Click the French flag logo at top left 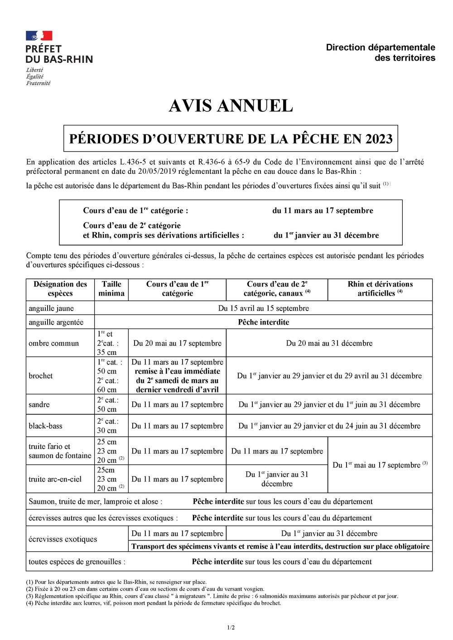tap(39, 36)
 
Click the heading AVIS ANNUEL tap(231, 106)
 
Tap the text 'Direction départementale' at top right tap(380, 47)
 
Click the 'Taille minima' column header tap(111, 289)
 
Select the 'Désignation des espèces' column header tap(60, 289)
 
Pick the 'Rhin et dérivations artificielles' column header tap(380, 289)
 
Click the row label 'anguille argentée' tap(56, 322)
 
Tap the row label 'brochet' tap(41, 376)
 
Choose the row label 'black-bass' tap(45, 426)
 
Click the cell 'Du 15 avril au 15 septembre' tap(263, 308)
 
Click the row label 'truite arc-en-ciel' tap(55, 479)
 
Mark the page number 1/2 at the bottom tap(231, 627)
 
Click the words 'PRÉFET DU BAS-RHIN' tap(59, 54)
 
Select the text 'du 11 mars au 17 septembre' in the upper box tap(323, 210)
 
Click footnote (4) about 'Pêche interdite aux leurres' tap(154, 603)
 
